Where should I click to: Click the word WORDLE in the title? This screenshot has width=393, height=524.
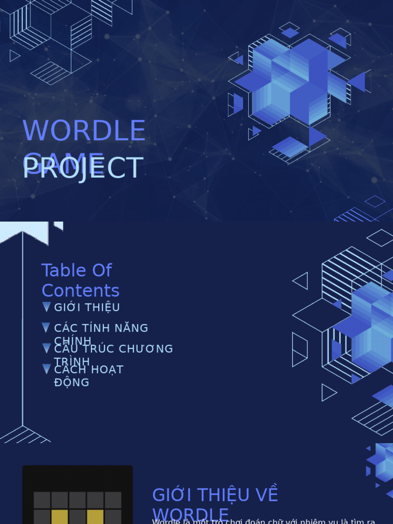click(x=84, y=131)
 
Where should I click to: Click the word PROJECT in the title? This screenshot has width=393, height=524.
click(x=83, y=168)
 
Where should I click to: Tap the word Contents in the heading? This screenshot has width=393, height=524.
click(x=80, y=291)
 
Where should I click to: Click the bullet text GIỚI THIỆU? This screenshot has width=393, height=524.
click(x=87, y=308)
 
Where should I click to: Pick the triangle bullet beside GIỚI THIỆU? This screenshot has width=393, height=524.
click(x=47, y=307)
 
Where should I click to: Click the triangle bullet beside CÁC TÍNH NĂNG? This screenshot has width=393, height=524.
click(x=47, y=328)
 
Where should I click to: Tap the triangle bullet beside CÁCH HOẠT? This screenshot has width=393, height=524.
click(x=47, y=369)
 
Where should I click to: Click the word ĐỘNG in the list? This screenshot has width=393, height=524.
click(x=72, y=383)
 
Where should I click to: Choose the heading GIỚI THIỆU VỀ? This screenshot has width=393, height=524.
click(x=215, y=495)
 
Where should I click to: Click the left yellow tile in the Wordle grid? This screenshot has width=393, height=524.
click(x=59, y=517)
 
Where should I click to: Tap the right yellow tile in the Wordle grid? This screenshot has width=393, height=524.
click(x=95, y=517)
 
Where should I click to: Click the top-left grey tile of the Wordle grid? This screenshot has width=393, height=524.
click(x=42, y=500)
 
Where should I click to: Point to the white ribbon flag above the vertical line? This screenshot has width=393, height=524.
click(x=24, y=231)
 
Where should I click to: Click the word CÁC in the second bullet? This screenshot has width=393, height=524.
click(x=65, y=328)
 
